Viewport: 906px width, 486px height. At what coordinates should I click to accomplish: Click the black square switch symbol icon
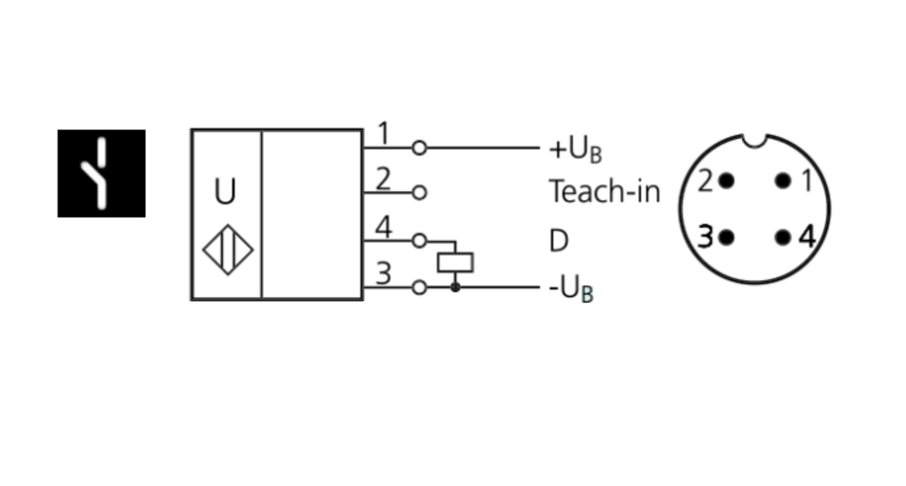(101, 173)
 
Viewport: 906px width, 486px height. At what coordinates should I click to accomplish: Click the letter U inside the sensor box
(225, 192)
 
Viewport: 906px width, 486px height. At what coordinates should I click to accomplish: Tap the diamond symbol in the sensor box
(228, 249)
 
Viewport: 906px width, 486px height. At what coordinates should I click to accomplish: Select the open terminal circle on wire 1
(419, 147)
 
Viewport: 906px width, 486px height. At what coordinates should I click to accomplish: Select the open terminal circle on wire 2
(419, 193)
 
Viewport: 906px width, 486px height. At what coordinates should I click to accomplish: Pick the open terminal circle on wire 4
(419, 241)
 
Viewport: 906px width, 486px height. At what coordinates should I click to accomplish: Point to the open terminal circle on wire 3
(419, 287)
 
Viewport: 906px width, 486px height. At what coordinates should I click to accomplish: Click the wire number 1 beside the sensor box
(383, 133)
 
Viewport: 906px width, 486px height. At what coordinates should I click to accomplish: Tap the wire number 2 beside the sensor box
(383, 179)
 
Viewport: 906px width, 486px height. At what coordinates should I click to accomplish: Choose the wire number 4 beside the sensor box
(384, 227)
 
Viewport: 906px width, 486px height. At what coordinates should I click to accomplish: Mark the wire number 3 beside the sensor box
(384, 273)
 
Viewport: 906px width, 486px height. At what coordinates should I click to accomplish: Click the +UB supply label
(575, 149)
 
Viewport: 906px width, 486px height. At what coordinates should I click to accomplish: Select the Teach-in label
(605, 192)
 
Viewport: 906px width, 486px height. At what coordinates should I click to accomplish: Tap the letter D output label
(559, 241)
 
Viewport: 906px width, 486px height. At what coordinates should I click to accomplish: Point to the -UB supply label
(571, 289)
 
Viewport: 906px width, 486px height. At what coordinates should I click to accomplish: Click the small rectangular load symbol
(455, 263)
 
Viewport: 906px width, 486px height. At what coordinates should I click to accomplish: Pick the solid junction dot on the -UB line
(455, 287)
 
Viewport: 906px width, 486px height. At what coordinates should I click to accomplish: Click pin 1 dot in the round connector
(783, 181)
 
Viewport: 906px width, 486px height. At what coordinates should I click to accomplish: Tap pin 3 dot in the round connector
(727, 237)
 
